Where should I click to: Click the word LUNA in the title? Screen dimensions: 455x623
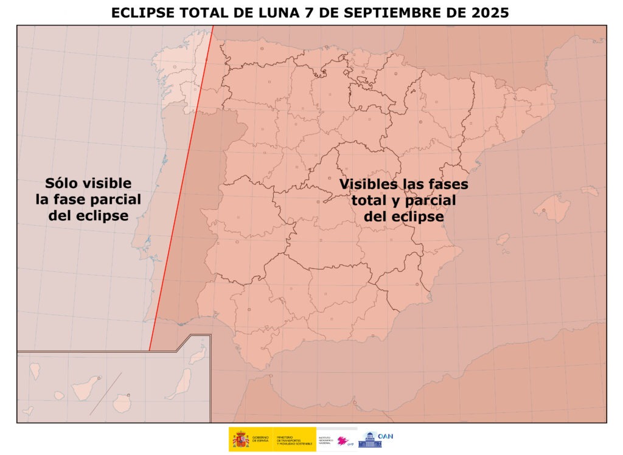click(274, 13)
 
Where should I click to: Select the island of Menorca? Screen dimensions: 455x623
click(590, 191)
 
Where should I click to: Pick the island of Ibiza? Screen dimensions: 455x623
click(503, 239)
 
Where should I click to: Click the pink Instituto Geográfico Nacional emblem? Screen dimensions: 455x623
click(345, 441)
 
